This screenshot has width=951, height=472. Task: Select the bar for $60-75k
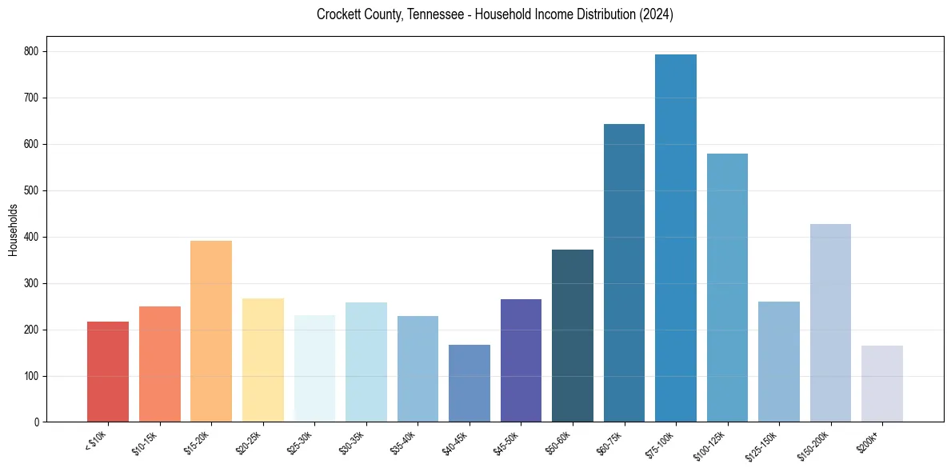(624, 273)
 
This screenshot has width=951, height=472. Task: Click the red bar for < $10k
(107, 372)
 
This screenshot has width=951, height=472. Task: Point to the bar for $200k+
(881, 384)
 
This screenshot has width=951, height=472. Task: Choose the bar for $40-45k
(469, 383)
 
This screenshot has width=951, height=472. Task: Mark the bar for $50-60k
(572, 336)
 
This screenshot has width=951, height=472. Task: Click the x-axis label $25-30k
(301, 442)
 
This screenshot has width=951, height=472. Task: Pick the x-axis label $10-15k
(146, 442)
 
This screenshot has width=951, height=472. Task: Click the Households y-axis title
(14, 230)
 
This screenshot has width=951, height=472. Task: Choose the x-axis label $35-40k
(404, 442)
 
